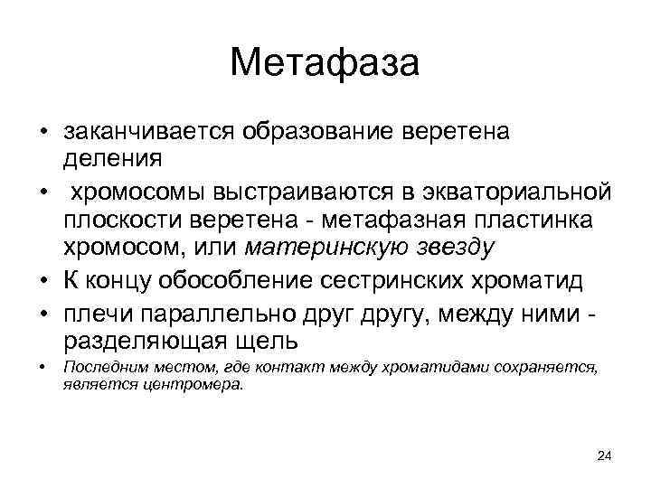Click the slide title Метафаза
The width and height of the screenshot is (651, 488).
coord(325,64)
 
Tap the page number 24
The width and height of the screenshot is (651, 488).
coord(604,456)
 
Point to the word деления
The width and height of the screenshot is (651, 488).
coord(113,159)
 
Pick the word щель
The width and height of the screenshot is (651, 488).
coord(271,341)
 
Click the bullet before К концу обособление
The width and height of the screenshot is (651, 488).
coord(42,281)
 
